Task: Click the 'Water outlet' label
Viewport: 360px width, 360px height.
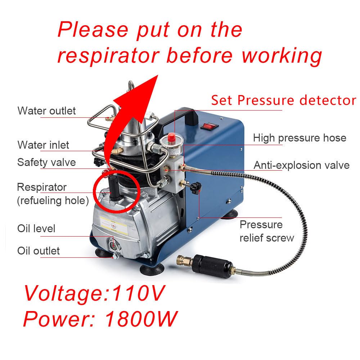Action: point(46,111)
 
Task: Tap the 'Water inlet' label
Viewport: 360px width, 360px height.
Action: point(43,145)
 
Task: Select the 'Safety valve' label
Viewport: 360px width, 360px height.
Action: point(46,162)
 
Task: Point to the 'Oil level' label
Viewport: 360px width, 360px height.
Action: point(36,229)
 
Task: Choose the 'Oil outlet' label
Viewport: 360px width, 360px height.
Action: point(39,251)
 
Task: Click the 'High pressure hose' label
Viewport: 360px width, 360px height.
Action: point(300,138)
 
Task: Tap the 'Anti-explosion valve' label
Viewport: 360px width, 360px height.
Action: point(302,165)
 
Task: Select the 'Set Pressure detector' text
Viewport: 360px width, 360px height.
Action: point(283,100)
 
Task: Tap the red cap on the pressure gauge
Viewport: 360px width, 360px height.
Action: point(172,137)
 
